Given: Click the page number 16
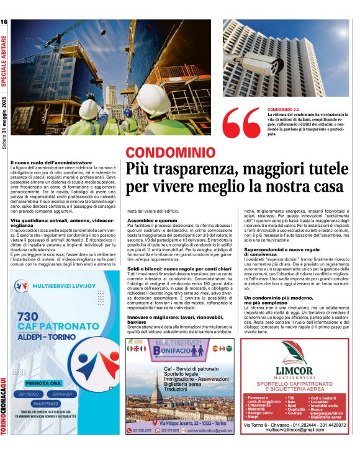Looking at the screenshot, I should click(x=4, y=22).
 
